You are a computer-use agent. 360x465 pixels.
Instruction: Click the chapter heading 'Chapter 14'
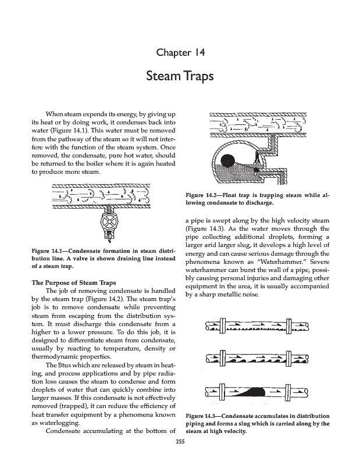click(180, 54)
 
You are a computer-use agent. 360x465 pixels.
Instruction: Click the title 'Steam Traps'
click(180, 77)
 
